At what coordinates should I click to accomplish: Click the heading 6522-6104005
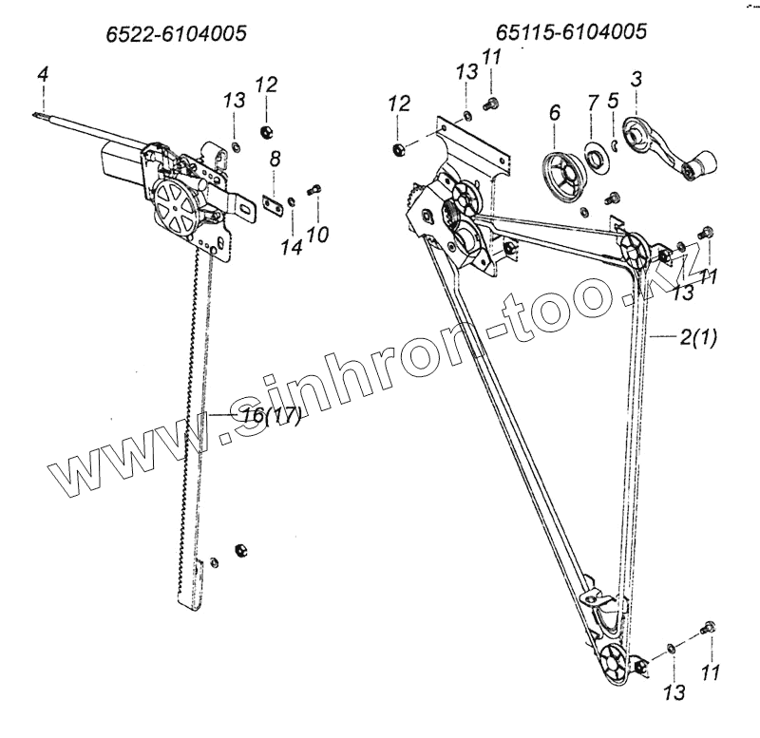tap(177, 34)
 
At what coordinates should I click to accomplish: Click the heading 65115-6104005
tap(572, 31)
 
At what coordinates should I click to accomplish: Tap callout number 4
tap(42, 73)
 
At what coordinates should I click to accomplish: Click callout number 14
tap(291, 247)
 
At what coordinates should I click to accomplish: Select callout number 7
tap(593, 102)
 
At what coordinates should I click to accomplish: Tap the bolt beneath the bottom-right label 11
tap(707, 628)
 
